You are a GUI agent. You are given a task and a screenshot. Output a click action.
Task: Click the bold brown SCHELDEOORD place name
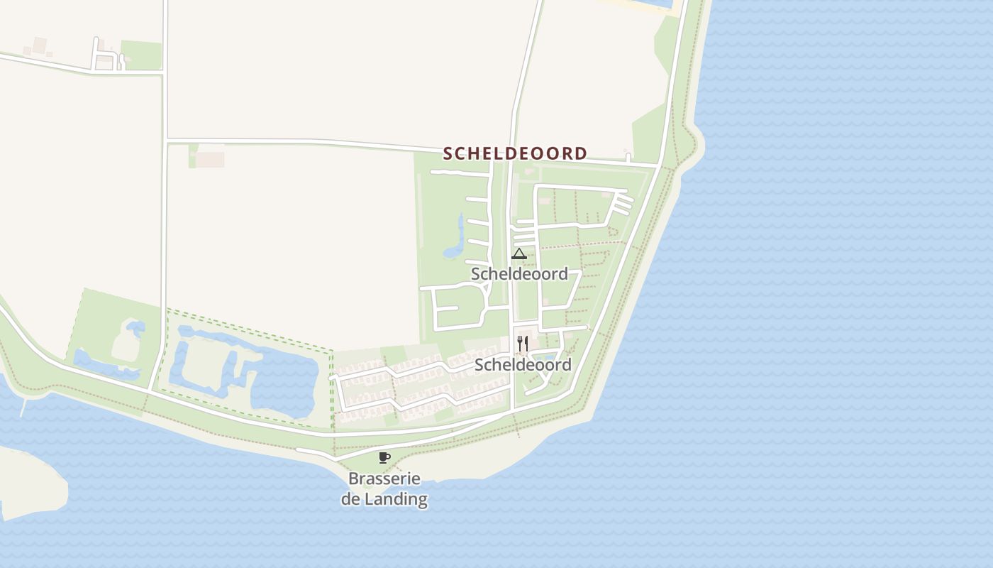pos(515,153)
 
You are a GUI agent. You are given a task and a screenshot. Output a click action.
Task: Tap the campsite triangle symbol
pos(518,254)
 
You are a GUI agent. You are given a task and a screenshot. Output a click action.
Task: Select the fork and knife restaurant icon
pos(523,344)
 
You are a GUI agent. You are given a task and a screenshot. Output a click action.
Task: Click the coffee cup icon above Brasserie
pos(384,457)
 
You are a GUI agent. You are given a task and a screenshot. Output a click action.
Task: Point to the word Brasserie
pos(384,479)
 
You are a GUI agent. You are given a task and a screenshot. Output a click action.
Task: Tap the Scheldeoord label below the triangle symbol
pos(519,274)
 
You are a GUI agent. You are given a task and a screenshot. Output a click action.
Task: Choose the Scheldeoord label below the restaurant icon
pos(523,365)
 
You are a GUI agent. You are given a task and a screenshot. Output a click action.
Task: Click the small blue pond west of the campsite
pos(455,241)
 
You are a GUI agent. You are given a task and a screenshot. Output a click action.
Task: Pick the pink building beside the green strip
pos(210,159)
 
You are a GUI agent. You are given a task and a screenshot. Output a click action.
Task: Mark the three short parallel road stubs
pos(622,204)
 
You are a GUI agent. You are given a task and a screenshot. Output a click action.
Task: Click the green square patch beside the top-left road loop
pos(140,55)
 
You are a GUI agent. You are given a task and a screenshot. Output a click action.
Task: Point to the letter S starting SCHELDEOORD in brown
pos(448,153)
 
